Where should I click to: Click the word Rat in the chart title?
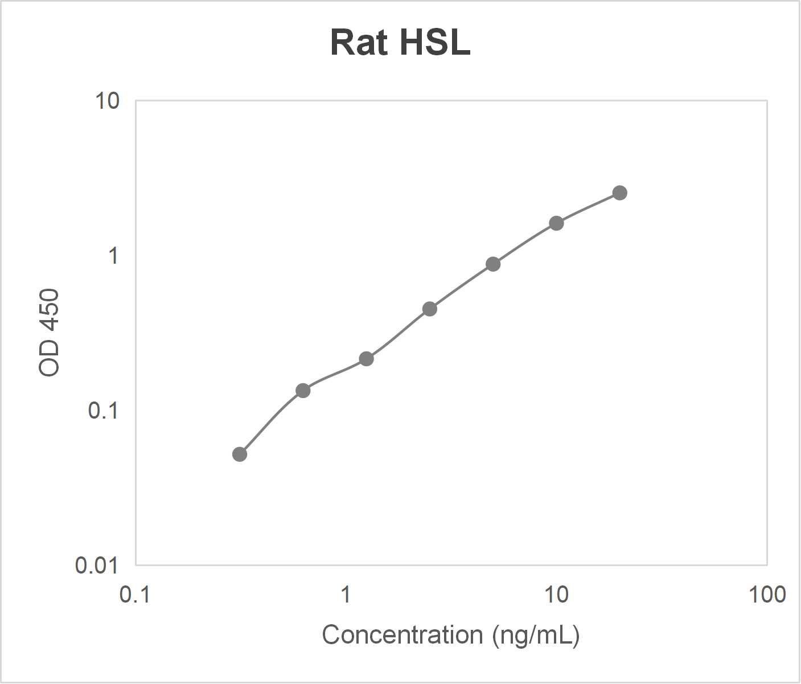point(359,43)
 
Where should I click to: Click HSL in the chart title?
point(435,43)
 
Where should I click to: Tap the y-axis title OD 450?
point(50,333)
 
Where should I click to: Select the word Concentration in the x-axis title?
point(402,634)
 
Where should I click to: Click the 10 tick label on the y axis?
point(107,101)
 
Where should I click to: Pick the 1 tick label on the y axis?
point(113,256)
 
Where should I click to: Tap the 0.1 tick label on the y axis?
point(103,411)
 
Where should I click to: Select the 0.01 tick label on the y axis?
point(97,566)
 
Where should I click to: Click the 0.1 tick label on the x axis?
point(135,595)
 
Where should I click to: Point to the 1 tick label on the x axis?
point(346,595)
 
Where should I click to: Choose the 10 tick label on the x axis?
point(556,595)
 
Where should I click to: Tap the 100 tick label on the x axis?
point(767,595)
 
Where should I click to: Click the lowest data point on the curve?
point(240,454)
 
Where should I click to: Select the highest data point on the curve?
point(620,193)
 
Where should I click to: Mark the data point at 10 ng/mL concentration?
point(556,223)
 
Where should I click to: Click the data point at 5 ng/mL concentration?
point(493,264)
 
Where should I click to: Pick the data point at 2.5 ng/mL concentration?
point(430,309)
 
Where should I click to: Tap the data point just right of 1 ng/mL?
point(367,359)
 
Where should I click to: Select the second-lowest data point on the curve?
point(303,391)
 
